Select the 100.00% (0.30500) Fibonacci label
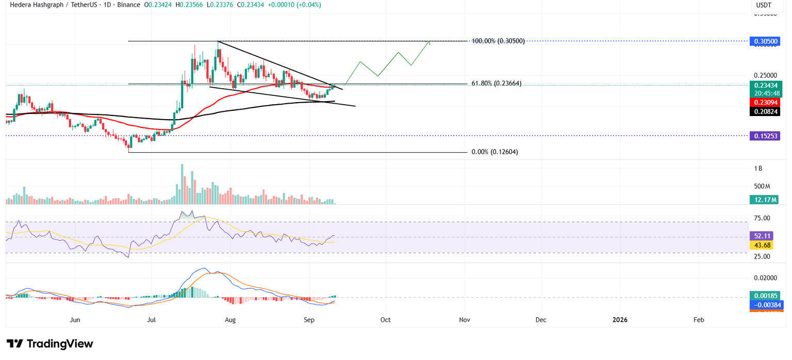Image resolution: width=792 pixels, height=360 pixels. click(x=498, y=41)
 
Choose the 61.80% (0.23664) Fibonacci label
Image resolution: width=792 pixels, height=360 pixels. click(x=496, y=84)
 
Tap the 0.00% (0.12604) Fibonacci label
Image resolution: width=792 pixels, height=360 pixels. click(x=494, y=152)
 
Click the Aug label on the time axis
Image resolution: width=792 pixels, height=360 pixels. click(x=230, y=320)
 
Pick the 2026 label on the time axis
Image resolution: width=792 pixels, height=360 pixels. click(x=620, y=320)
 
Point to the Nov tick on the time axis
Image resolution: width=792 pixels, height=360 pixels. click(x=465, y=320)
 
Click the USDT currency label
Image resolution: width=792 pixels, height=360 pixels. click(x=763, y=5)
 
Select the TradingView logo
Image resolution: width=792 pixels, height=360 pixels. click(x=49, y=344)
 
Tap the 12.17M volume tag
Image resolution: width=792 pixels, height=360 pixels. click(x=764, y=200)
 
